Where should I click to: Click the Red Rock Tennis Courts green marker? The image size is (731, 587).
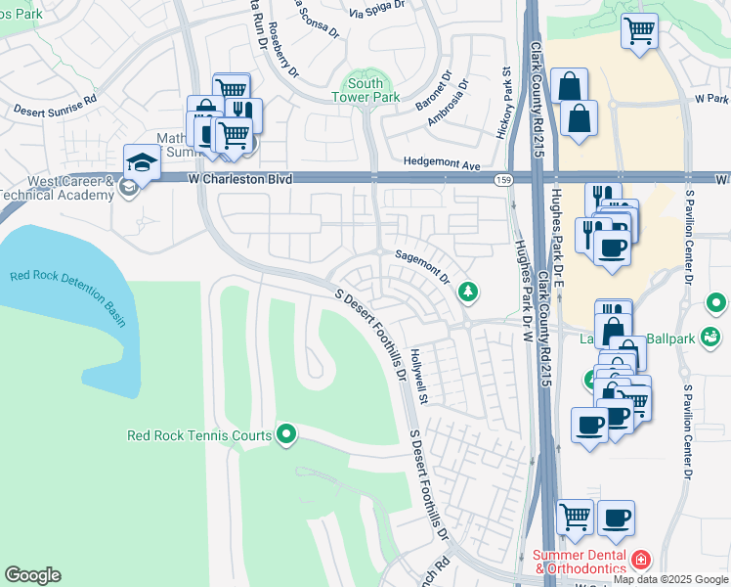pyautogui.click(x=285, y=433)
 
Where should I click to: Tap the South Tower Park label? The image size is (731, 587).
pyautogui.click(x=365, y=91)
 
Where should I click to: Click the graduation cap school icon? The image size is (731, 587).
pyautogui.click(x=142, y=162)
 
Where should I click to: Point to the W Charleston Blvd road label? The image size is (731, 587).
pyautogui.click(x=240, y=179)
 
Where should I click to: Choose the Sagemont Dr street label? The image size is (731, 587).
pyautogui.click(x=422, y=265)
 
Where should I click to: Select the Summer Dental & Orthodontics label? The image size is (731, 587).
pyautogui.click(x=580, y=562)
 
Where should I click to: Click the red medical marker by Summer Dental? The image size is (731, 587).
pyautogui.click(x=641, y=561)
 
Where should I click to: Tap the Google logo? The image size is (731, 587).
pyautogui.click(x=32, y=575)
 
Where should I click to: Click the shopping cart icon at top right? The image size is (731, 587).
pyautogui.click(x=639, y=30)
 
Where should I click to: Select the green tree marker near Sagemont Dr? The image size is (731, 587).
pyautogui.click(x=469, y=291)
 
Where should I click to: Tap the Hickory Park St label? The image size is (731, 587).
pyautogui.click(x=506, y=103)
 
